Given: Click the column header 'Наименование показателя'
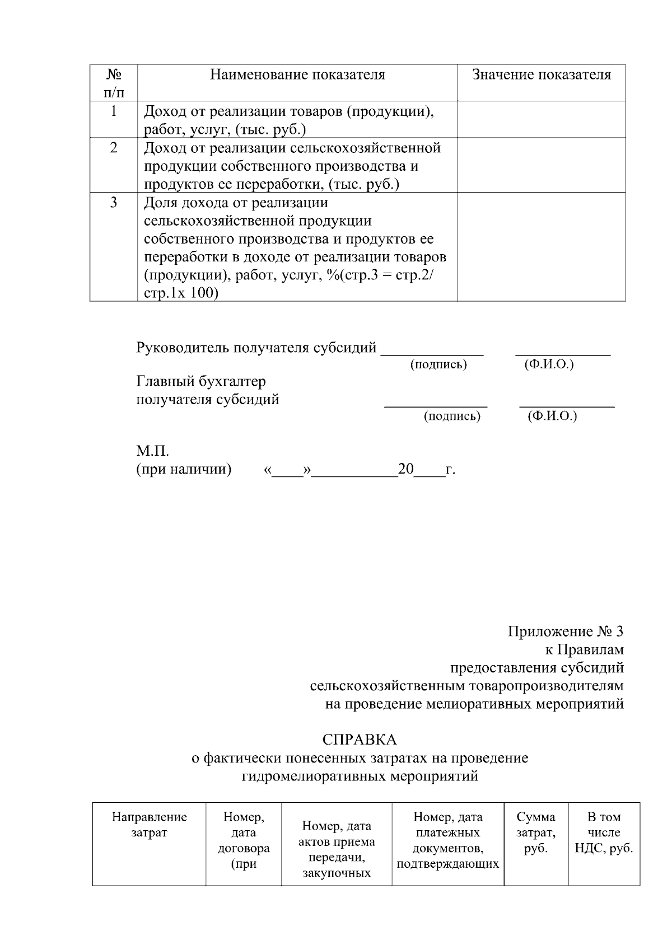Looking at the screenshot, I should point(297,75).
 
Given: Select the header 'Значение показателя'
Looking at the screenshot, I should point(541,75).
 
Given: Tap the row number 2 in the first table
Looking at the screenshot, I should point(114,148).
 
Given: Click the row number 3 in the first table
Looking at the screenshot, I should point(114,203).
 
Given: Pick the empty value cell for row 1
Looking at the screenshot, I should point(541,119).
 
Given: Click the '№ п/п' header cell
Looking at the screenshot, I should point(114,82).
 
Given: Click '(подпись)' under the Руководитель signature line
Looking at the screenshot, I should point(438,365).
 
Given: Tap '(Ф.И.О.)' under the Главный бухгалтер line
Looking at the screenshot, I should point(552,416).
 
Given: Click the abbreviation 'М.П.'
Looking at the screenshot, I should point(152,451).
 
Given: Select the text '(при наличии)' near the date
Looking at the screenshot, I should point(184,469).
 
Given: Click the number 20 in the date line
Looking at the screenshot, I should point(405,469).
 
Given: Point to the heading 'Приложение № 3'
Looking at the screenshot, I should point(565,632).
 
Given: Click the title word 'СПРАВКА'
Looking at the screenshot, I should point(360,740).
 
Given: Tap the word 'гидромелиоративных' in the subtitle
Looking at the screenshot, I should point(314,776).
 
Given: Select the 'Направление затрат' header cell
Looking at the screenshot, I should point(149,825).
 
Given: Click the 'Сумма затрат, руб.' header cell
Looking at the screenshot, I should point(536,832).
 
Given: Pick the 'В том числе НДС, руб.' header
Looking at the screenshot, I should point(604,832).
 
